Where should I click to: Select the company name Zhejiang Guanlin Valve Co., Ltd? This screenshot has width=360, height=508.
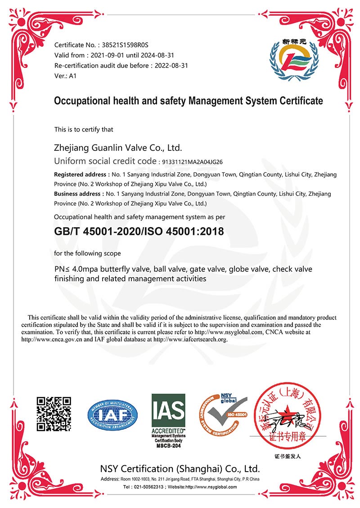tap(118, 148)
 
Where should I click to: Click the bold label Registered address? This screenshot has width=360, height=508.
tap(80, 174)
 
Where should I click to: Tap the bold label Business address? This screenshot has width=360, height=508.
tap(78, 193)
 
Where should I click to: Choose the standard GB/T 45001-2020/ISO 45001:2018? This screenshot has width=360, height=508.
tap(139, 231)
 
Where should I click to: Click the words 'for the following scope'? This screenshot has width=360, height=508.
tap(87, 253)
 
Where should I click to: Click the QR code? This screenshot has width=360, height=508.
tap(54, 414)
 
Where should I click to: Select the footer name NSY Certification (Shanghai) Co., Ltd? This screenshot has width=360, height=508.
tap(180, 468)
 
